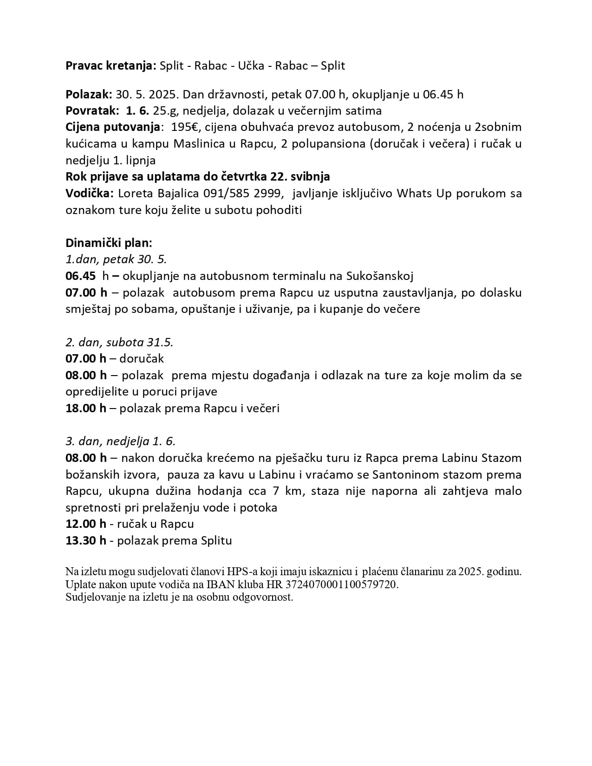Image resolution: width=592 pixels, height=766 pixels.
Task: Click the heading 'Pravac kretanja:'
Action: point(111,66)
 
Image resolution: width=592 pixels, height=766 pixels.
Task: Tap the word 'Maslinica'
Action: point(201,143)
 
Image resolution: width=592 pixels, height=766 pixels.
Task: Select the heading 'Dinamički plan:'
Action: point(109,243)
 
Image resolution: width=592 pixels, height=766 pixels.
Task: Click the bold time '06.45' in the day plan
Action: point(80,276)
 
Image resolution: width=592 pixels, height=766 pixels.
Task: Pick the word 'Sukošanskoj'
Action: point(380,276)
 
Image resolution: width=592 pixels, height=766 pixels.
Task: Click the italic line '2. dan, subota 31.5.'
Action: point(119,343)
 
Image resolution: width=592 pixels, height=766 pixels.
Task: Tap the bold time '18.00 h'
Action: point(86,409)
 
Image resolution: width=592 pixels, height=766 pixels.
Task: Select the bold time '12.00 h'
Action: point(86,524)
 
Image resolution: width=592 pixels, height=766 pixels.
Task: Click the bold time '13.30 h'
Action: point(86,541)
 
